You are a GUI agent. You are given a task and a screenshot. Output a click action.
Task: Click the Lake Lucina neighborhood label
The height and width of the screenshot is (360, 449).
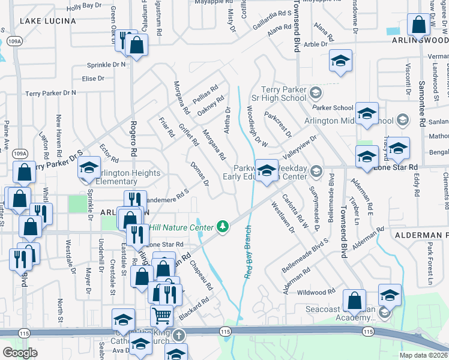pos(48,21)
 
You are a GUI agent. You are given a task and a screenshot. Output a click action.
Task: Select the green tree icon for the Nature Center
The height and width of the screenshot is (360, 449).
pos(223,226)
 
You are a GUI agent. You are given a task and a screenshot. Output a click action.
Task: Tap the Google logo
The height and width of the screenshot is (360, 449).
pos(20,353)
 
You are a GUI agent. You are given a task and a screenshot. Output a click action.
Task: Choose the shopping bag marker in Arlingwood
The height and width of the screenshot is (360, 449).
pos(418,26)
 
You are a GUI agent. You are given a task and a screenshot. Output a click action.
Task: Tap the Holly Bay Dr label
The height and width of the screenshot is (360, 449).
pos(84,6)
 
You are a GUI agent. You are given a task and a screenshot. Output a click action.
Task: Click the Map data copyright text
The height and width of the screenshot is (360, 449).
pos(423,355)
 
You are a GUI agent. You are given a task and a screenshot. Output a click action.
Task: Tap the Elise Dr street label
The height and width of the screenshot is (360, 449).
pos(93,79)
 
